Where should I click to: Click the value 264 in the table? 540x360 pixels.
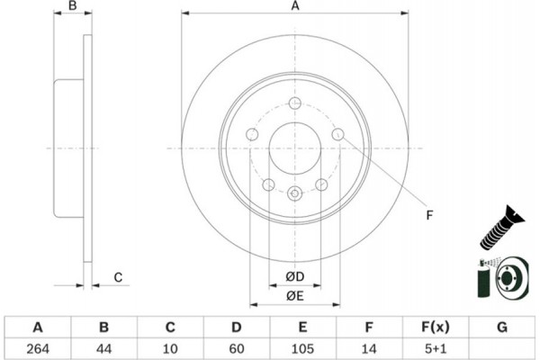pos(38,346)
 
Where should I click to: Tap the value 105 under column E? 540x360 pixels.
pos(302,346)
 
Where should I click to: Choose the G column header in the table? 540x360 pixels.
pos(502,326)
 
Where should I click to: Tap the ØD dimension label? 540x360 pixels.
pos(294,275)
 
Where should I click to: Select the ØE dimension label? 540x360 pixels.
pos(294,295)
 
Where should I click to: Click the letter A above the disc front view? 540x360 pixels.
pos(293,7)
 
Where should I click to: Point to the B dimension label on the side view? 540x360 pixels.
pos(75,7)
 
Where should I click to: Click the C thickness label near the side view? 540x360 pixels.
pos(117,277)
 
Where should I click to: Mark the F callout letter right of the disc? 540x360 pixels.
pos(429,214)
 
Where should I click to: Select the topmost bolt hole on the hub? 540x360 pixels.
pos(294,103)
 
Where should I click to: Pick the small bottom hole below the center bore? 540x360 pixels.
pos(294,192)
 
